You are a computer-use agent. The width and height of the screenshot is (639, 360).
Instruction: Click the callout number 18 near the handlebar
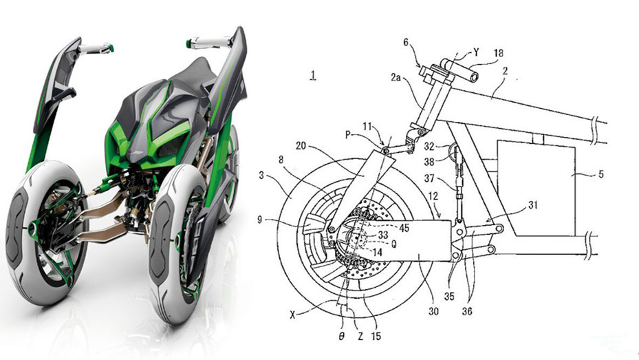tap(498, 53)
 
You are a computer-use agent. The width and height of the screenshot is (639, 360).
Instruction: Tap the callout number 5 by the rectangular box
tap(600, 175)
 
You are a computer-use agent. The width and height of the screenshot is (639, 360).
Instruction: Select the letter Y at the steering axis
tap(475, 52)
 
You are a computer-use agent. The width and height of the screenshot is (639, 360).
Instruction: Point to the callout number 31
tap(532, 205)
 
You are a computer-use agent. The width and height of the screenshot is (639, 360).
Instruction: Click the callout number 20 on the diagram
tap(301, 145)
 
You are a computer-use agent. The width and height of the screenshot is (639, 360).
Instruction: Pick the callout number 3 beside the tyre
tap(261, 176)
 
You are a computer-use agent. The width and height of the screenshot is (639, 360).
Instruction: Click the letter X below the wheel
tap(292, 315)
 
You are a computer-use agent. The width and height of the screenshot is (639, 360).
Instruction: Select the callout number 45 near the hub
tap(404, 229)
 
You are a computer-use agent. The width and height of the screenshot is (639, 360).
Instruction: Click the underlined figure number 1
tap(312, 76)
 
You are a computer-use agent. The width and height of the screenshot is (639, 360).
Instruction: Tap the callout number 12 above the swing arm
tap(433, 196)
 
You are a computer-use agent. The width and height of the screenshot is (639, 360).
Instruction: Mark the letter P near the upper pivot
tap(347, 135)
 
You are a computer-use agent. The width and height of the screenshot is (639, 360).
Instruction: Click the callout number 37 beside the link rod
tap(429, 178)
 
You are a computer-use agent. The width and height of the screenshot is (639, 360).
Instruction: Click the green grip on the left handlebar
tap(109, 48)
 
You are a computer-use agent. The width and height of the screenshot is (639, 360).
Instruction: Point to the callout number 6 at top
tap(406, 43)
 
